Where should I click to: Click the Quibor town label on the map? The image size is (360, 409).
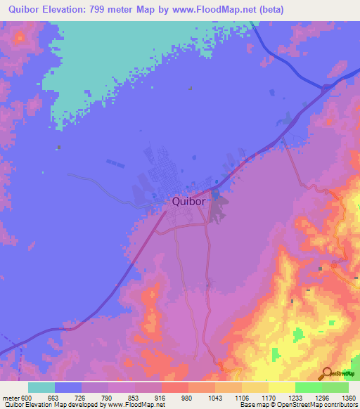(x=188, y=201)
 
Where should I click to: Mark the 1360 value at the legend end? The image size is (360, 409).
(x=348, y=396)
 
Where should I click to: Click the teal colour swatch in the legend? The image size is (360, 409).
(x=41, y=387)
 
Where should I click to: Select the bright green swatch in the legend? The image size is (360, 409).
(x=308, y=387)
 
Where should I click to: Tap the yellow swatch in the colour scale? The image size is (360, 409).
(x=281, y=387)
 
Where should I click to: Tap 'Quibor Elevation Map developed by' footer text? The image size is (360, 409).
(x=52, y=405)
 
